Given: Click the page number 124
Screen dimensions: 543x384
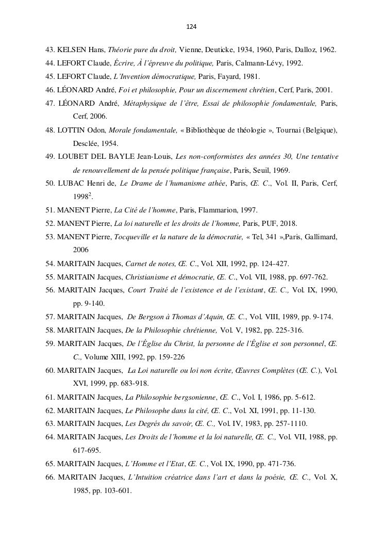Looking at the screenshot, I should click(192, 26).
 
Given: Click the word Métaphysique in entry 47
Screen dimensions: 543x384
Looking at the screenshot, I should click(145, 103).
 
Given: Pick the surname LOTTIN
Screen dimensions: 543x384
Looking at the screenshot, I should click(72, 130).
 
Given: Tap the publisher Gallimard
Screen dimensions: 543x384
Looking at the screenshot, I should click(319, 237).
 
